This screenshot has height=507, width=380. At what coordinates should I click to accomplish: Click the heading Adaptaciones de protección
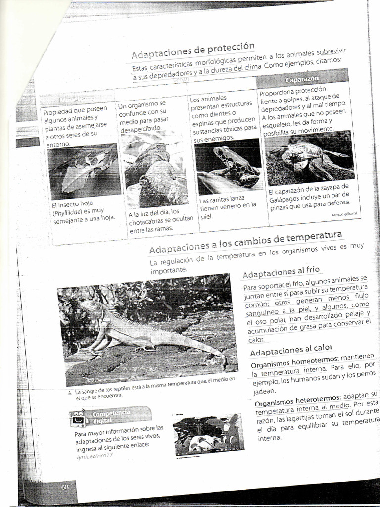coord(193,51)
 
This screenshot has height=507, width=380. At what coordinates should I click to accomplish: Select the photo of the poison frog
coord(228,166)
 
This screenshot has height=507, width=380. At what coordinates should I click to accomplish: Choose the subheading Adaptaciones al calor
coord(291,351)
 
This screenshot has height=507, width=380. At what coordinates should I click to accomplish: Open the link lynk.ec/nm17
coord(95,456)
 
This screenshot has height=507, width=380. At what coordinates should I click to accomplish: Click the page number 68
coord(65,487)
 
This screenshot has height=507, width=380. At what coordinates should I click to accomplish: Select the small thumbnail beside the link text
coord(208,435)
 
